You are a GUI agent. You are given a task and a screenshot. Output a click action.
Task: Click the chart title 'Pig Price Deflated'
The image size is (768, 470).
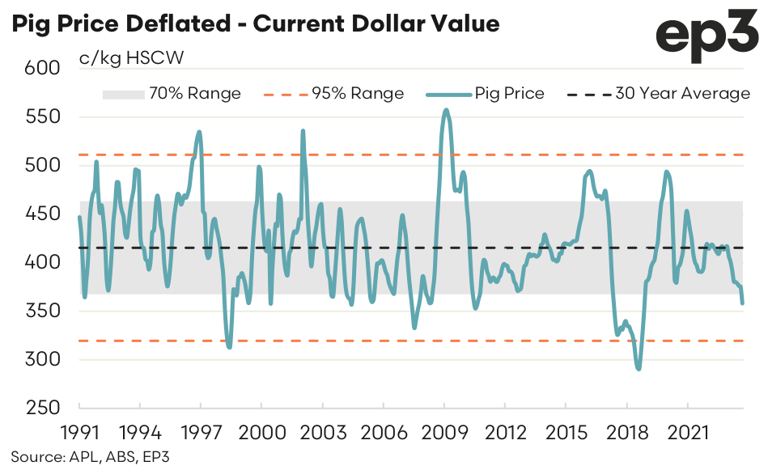pos(254,23)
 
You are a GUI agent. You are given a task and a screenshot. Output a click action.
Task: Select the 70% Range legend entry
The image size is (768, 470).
pos(172,94)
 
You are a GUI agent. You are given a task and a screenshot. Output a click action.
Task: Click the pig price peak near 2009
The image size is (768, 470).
pos(446,110)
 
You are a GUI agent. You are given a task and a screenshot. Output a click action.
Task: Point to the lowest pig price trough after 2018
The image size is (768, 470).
pos(639,369)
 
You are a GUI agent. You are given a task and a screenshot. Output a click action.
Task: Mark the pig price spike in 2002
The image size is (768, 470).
pos(303,131)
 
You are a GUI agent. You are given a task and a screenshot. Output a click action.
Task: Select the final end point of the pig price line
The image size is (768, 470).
pos(743,303)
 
